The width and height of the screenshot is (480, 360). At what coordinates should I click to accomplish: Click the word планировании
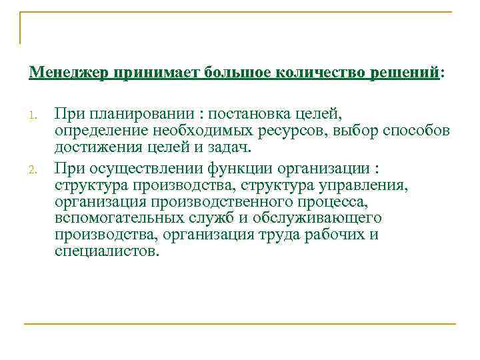pyautogui.click(x=141, y=113)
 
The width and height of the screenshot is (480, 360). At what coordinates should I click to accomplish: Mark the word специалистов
pyautogui.click(x=107, y=252)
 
